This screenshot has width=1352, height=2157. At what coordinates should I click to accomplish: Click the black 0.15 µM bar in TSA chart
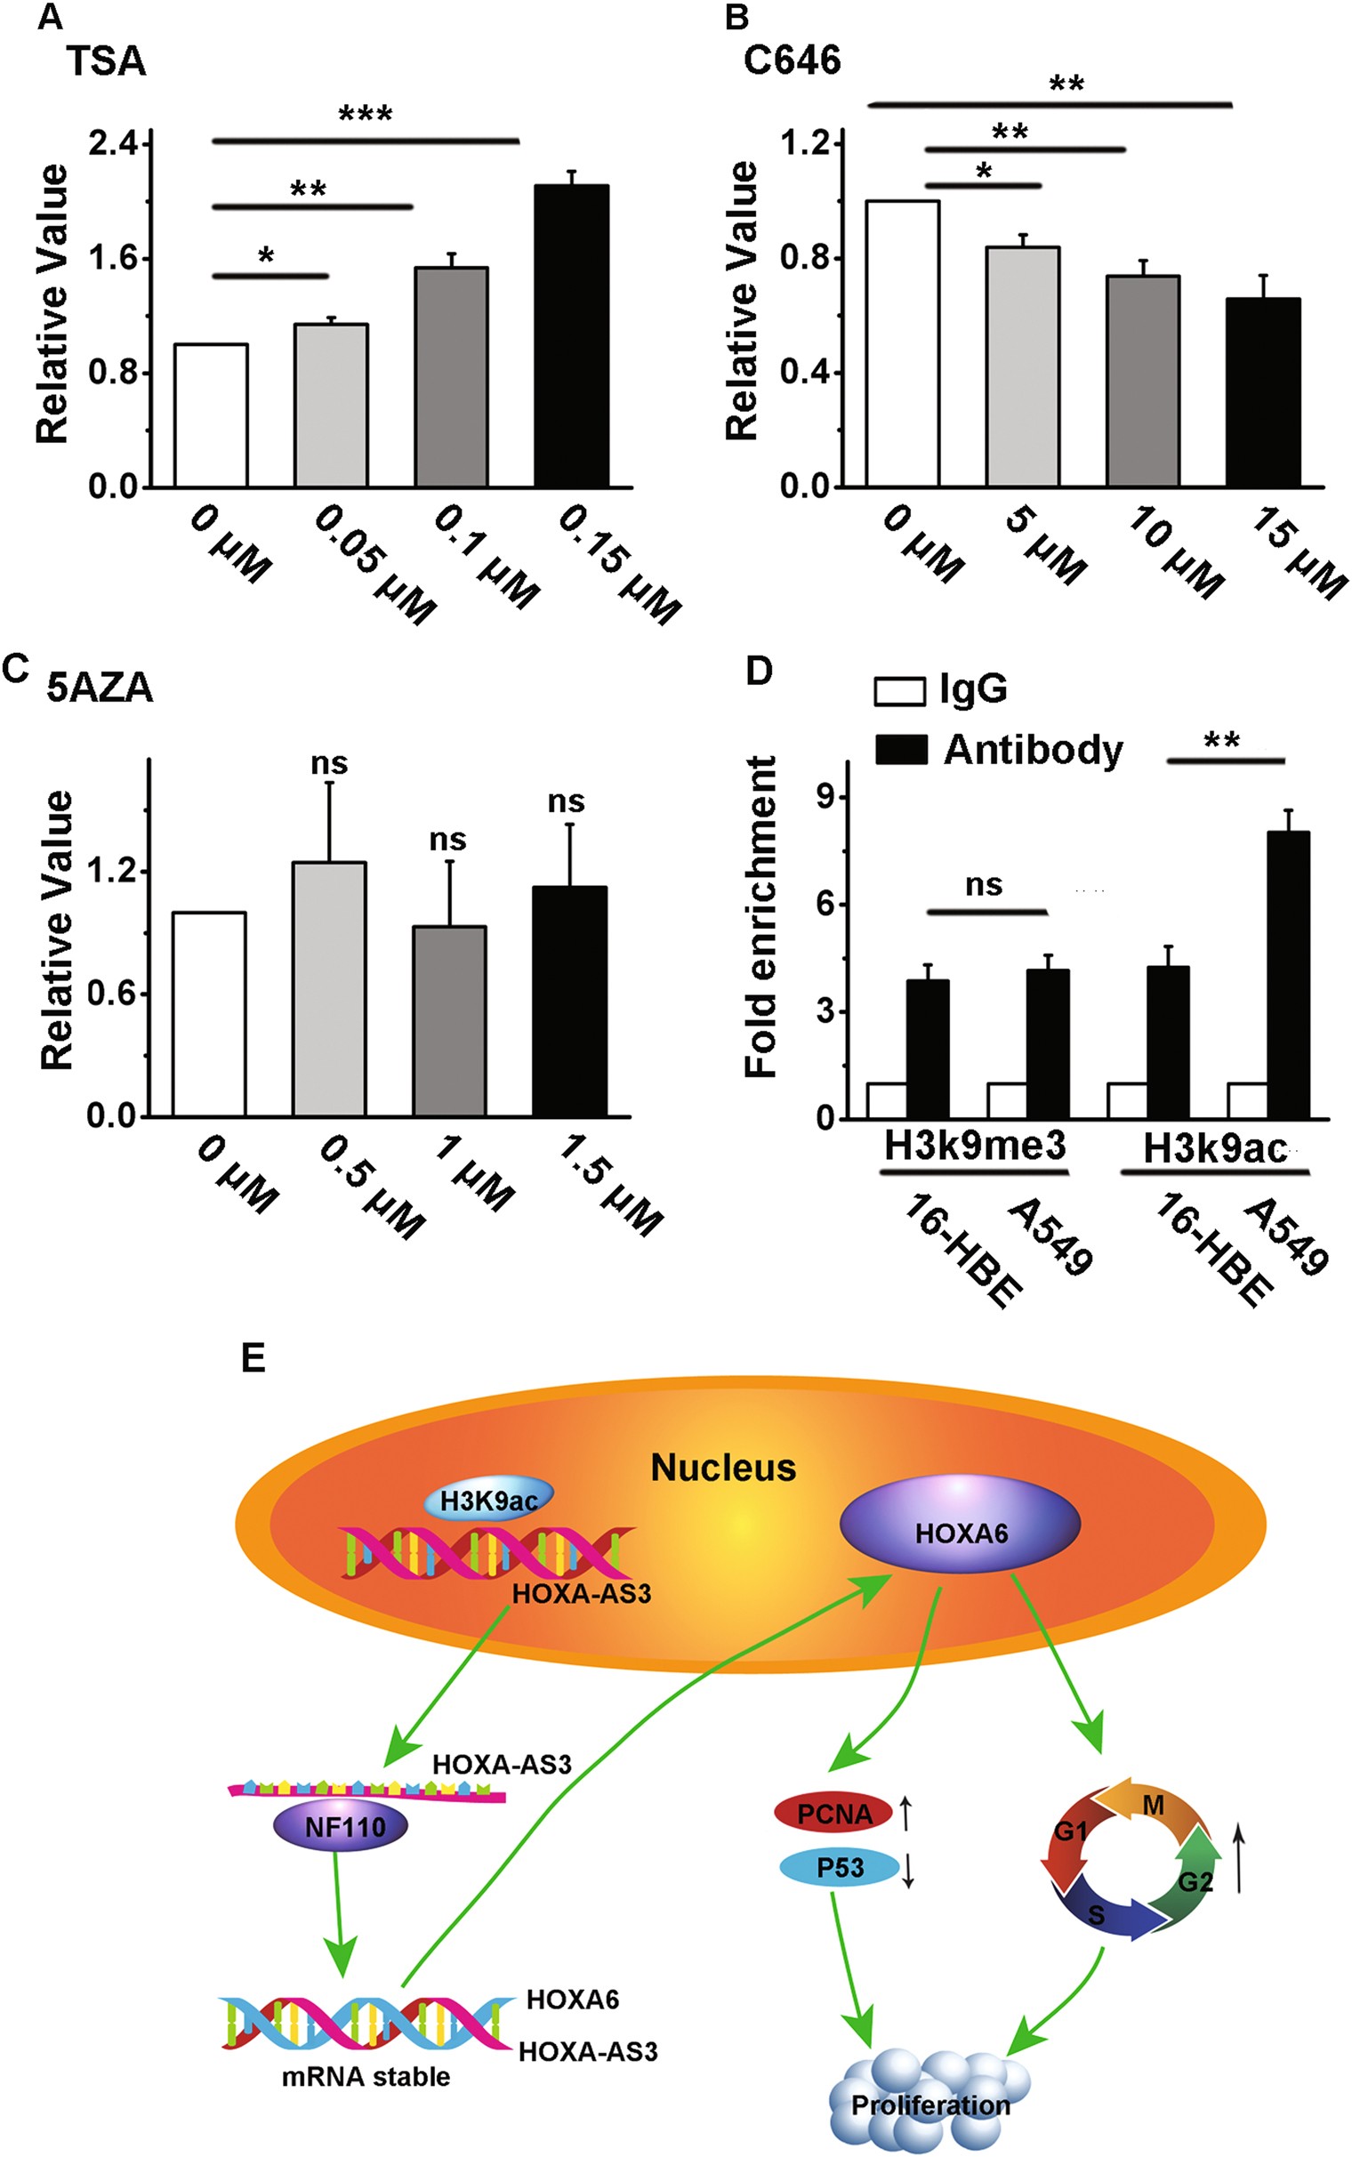point(570,335)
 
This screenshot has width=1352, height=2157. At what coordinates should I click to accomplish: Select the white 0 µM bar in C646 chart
point(902,343)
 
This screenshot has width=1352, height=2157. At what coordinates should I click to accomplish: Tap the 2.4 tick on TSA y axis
point(114,143)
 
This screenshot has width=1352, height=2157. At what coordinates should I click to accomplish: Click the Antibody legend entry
point(997,749)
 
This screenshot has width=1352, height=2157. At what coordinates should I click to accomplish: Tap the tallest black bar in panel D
point(1288,974)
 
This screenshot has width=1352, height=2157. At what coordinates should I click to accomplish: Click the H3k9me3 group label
point(975,1145)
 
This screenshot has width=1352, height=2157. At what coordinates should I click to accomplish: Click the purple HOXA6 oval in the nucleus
point(961,1533)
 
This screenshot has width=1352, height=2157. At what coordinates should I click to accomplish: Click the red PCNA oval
point(833,1814)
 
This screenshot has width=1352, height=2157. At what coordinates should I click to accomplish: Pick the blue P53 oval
point(839,1868)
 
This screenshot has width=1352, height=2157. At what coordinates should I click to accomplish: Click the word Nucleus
point(722,1468)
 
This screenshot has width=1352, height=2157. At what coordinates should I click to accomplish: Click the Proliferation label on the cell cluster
point(930,2105)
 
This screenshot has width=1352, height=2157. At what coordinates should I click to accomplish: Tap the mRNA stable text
point(366,2076)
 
